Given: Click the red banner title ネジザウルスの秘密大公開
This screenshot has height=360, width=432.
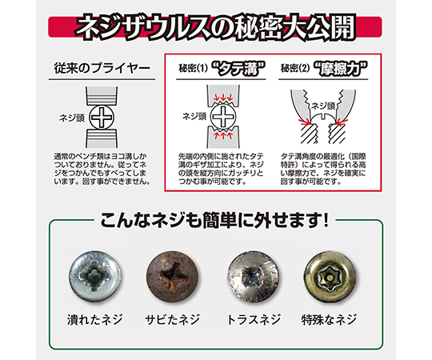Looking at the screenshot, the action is coord(216,26).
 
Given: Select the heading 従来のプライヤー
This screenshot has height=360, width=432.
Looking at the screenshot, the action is coord(102,68).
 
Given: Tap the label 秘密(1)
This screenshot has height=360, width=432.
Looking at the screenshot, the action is coord(193,68).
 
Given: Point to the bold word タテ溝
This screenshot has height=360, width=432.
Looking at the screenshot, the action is coord(238,69).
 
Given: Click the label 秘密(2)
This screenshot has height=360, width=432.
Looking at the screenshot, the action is coord(295,68).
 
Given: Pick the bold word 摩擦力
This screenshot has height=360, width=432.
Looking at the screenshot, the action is coord(341,69).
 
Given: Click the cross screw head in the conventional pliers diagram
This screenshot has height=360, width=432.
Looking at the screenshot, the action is coord(102,118).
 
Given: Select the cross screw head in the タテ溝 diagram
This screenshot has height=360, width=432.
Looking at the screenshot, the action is coord(223,117).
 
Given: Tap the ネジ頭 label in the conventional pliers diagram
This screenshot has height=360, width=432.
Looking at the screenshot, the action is coord(72,118).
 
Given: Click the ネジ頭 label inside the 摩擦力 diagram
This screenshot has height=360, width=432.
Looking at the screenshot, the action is coord(322,106).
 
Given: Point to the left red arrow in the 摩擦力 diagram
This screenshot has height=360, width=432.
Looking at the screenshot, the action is coord(304,121).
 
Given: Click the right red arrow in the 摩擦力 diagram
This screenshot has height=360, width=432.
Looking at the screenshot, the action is coord(342,121).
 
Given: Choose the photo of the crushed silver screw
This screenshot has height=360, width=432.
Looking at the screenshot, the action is coord(95,276).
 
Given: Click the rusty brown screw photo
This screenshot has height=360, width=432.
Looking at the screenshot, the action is coord(173,277).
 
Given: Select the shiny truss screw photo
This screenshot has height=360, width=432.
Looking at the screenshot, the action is coord(252,277).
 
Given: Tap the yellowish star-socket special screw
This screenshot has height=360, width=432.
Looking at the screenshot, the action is coord(330,277).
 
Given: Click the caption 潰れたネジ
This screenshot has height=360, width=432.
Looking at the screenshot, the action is coord(94,320).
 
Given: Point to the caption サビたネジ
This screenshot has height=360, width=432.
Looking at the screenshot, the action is coord(173,320).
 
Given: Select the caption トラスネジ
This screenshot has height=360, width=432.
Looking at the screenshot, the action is coord(254,320).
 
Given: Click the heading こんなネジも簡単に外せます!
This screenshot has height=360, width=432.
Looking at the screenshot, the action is coord(214,220).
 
